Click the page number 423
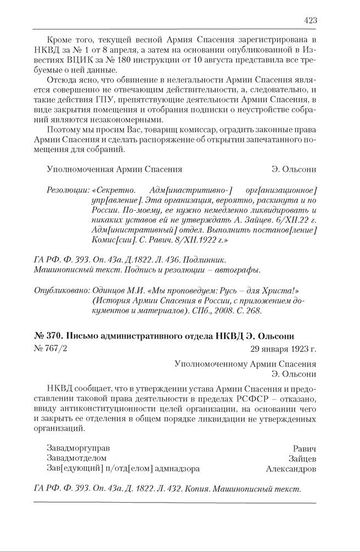[310, 20]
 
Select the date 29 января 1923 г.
[282, 348]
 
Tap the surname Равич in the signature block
[305, 448]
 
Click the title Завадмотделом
[77, 458]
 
